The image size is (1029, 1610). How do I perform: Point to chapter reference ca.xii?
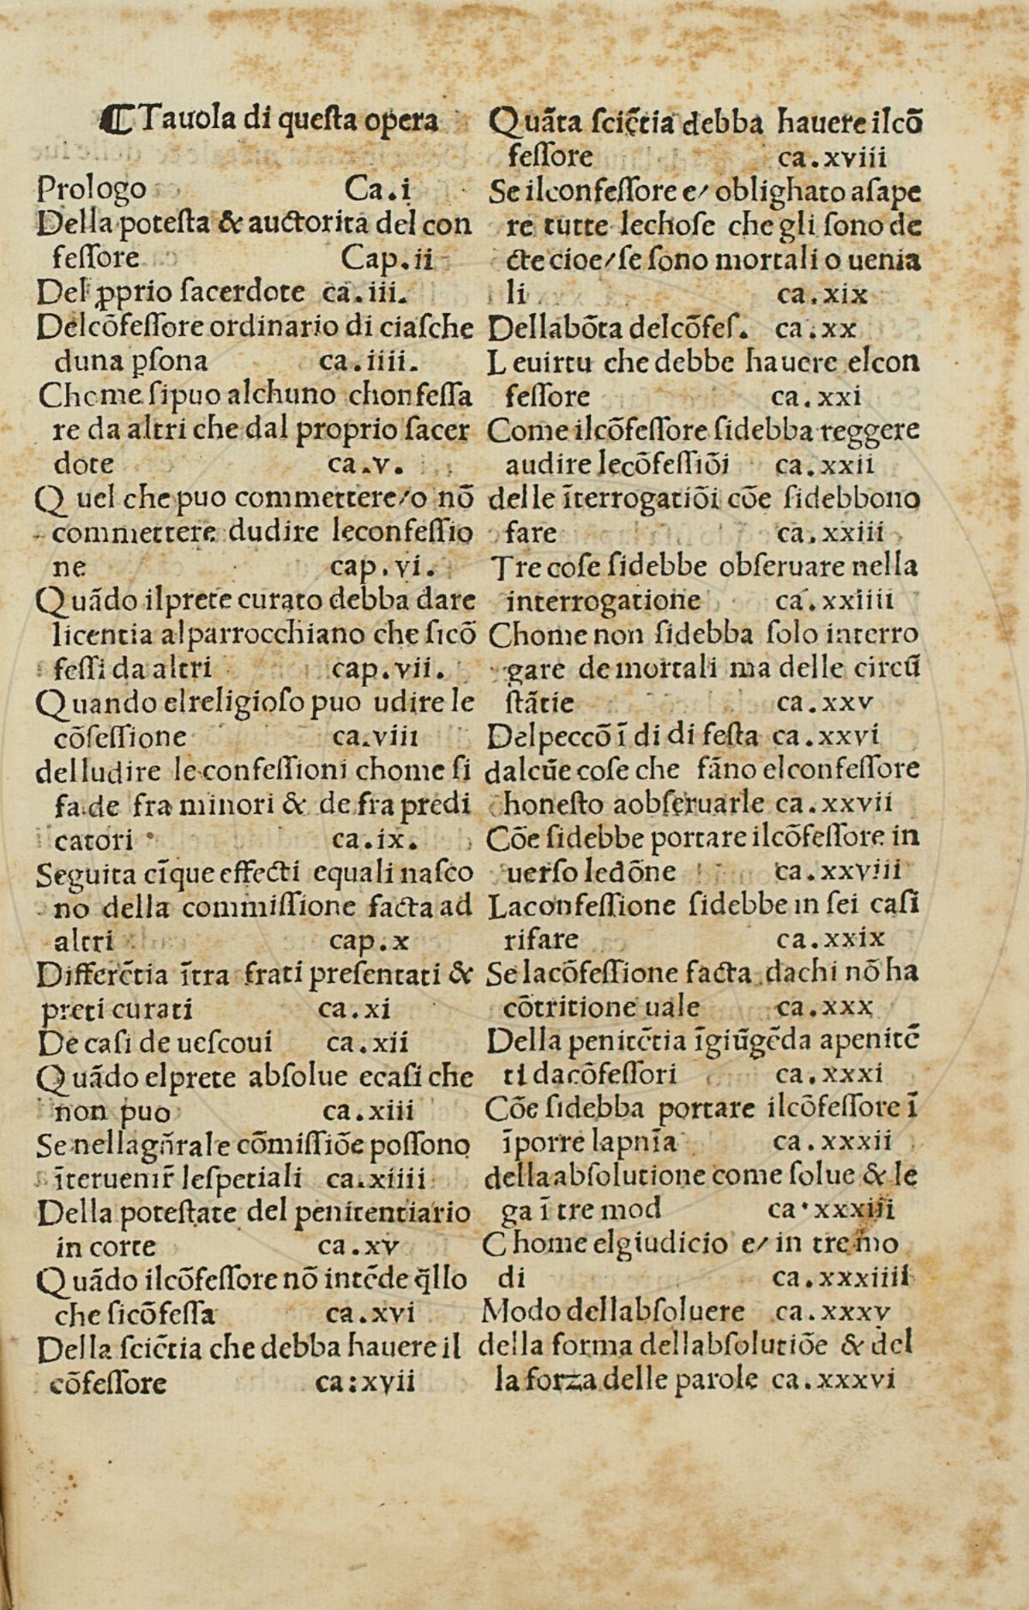coord(368,1043)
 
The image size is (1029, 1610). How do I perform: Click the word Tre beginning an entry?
coord(511,566)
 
